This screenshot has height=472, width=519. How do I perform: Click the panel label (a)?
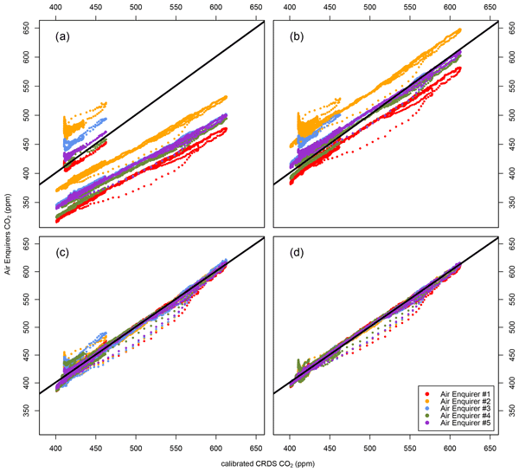[x=61, y=37]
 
